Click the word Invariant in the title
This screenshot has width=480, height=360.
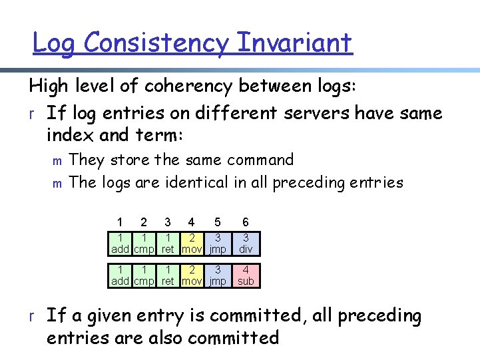click(x=294, y=44)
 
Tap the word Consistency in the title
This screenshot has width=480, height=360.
click(x=157, y=44)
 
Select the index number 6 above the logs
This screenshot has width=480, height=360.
click(x=246, y=222)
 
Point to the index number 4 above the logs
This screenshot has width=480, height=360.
click(x=192, y=222)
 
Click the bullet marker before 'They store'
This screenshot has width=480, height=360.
click(x=57, y=161)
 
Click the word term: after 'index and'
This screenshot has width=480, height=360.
click(x=160, y=136)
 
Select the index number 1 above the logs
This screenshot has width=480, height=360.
click(x=120, y=222)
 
